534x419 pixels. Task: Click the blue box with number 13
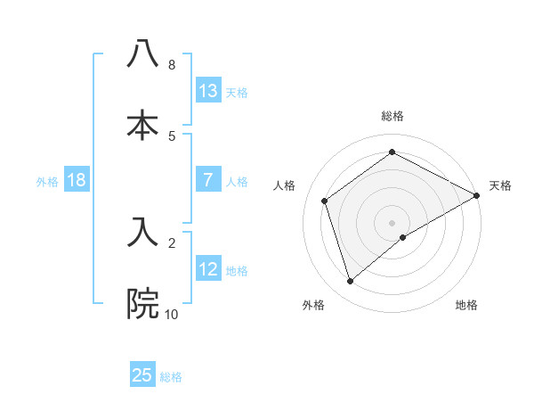click(x=208, y=91)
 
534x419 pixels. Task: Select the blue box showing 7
click(x=208, y=180)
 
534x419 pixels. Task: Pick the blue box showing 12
click(x=208, y=269)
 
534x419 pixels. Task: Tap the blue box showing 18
click(x=77, y=180)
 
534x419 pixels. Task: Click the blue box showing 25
click(x=142, y=375)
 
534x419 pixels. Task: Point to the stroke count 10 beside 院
click(x=172, y=314)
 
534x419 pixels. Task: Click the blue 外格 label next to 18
click(x=47, y=181)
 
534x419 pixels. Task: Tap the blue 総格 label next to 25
click(x=171, y=376)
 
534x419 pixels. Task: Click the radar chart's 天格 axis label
click(x=500, y=185)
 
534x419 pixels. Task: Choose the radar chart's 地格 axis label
click(x=466, y=305)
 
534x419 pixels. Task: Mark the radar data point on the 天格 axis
click(x=477, y=195)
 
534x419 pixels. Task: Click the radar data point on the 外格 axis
click(x=351, y=281)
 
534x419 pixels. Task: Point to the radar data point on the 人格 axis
click(x=325, y=201)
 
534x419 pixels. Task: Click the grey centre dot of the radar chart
click(x=392, y=223)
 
